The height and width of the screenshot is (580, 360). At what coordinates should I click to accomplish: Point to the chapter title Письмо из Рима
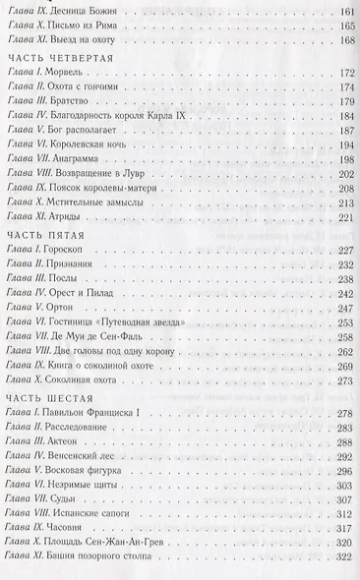[x=94, y=28]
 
